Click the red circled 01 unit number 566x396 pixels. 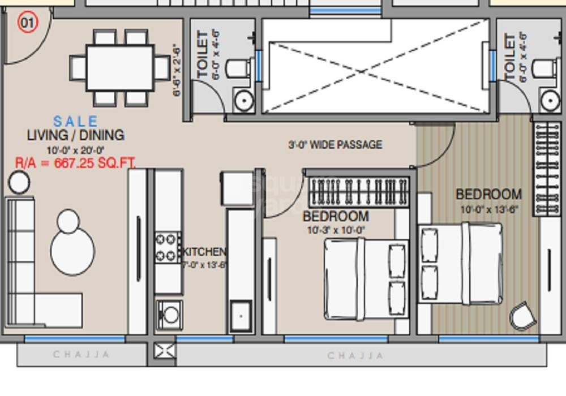tap(27, 24)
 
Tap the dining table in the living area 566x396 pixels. tap(119, 68)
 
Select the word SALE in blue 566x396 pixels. tap(75, 121)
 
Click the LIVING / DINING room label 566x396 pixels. tap(76, 135)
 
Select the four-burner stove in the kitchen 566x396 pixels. tap(168, 247)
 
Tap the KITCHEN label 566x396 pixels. tap(204, 252)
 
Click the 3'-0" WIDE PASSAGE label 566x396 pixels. tap(335, 145)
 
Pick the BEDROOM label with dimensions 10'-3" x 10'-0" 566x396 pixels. tap(336, 217)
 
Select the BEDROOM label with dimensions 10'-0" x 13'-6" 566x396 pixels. tap(488, 195)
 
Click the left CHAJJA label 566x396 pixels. tap(81, 355)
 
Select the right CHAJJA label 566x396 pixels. tap(355, 356)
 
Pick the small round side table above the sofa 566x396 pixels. tap(19, 182)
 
